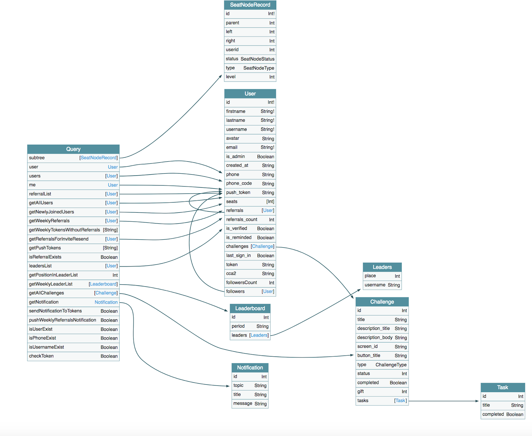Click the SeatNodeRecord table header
click(250, 5)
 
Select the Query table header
click(73, 149)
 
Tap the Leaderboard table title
click(250, 308)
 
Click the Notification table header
click(250, 367)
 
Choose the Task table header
click(502, 387)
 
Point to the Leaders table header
click(382, 267)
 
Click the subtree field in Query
click(37, 158)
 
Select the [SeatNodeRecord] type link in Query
click(98, 158)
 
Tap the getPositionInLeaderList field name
click(53, 275)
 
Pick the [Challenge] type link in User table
click(263, 246)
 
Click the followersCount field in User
click(241, 283)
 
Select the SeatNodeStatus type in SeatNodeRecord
click(257, 59)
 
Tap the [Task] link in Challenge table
click(400, 401)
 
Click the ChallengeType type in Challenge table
click(391, 365)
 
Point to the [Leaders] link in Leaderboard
click(259, 335)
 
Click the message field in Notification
click(243, 404)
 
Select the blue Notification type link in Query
click(106, 302)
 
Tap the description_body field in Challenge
click(375, 338)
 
